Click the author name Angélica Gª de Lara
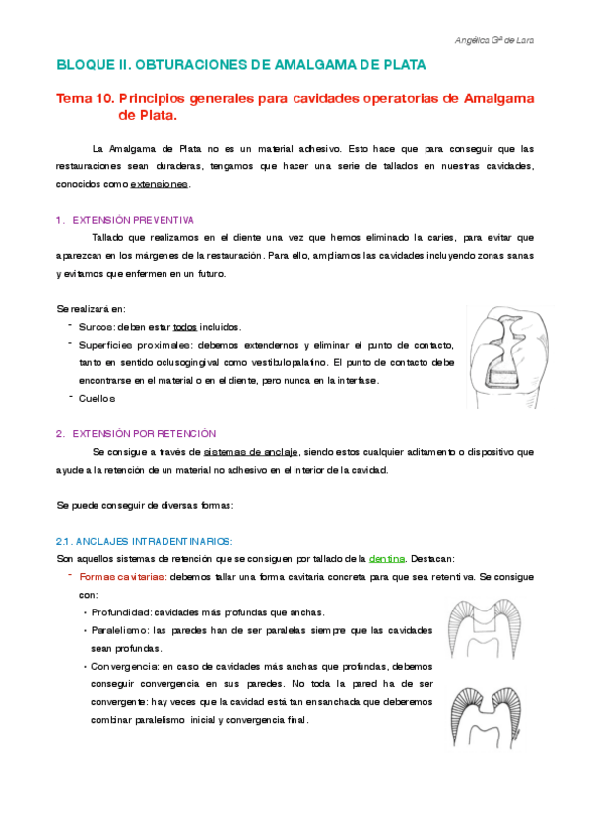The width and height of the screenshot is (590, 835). point(503,41)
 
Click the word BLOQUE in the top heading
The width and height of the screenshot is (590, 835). point(85,65)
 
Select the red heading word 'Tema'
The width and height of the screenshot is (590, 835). point(76,98)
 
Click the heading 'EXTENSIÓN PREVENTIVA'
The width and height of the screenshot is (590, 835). point(134,219)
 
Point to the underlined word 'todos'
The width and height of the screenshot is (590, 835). point(185,326)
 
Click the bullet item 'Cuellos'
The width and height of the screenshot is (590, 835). point(98,398)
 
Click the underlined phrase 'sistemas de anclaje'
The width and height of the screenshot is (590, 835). point(259,452)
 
